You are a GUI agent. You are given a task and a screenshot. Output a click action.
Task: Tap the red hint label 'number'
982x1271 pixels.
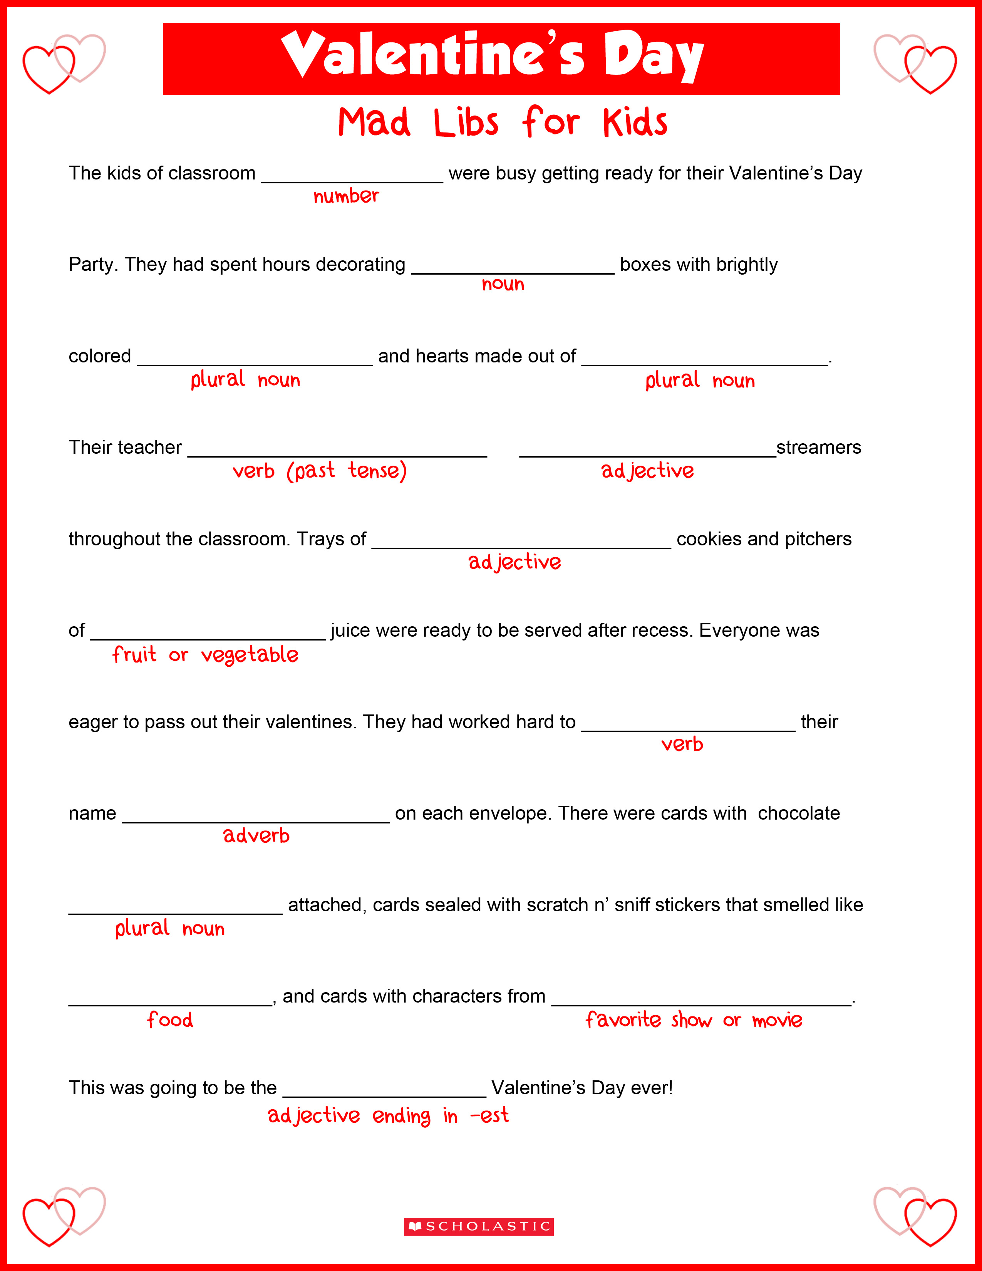click(346, 196)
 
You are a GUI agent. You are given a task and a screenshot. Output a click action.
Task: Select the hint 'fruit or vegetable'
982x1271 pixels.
click(205, 655)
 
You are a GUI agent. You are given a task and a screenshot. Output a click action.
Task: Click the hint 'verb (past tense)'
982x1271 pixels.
click(319, 470)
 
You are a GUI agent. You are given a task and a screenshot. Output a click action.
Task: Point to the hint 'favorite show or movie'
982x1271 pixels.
click(694, 1019)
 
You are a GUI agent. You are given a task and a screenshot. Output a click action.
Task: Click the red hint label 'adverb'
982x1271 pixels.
click(256, 836)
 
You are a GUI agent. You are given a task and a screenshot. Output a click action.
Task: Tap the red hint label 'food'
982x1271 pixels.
click(170, 1019)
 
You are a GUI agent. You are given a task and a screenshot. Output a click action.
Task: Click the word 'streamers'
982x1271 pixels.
click(819, 447)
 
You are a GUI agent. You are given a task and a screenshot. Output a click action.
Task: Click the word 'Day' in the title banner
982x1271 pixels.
click(653, 57)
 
